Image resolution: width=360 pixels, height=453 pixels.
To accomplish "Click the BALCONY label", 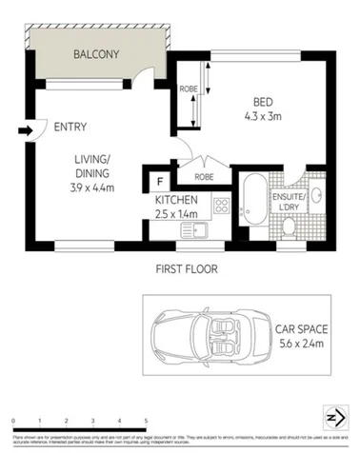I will point(96,54).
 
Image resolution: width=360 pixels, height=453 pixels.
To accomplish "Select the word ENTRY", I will point(72,127).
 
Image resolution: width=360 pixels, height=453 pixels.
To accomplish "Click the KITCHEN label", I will point(177,200).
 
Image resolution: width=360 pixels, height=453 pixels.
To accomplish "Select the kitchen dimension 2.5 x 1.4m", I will point(177,214).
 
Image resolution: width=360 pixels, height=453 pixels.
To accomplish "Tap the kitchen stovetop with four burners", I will point(221,205).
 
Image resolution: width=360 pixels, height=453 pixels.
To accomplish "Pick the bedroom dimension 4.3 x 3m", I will point(265,117).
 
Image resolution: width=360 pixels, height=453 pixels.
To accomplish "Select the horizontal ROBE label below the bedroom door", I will point(204,177).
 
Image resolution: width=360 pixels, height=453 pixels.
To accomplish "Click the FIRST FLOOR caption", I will point(186,269).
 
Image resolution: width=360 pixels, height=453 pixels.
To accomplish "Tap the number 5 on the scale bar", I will point(146,420).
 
